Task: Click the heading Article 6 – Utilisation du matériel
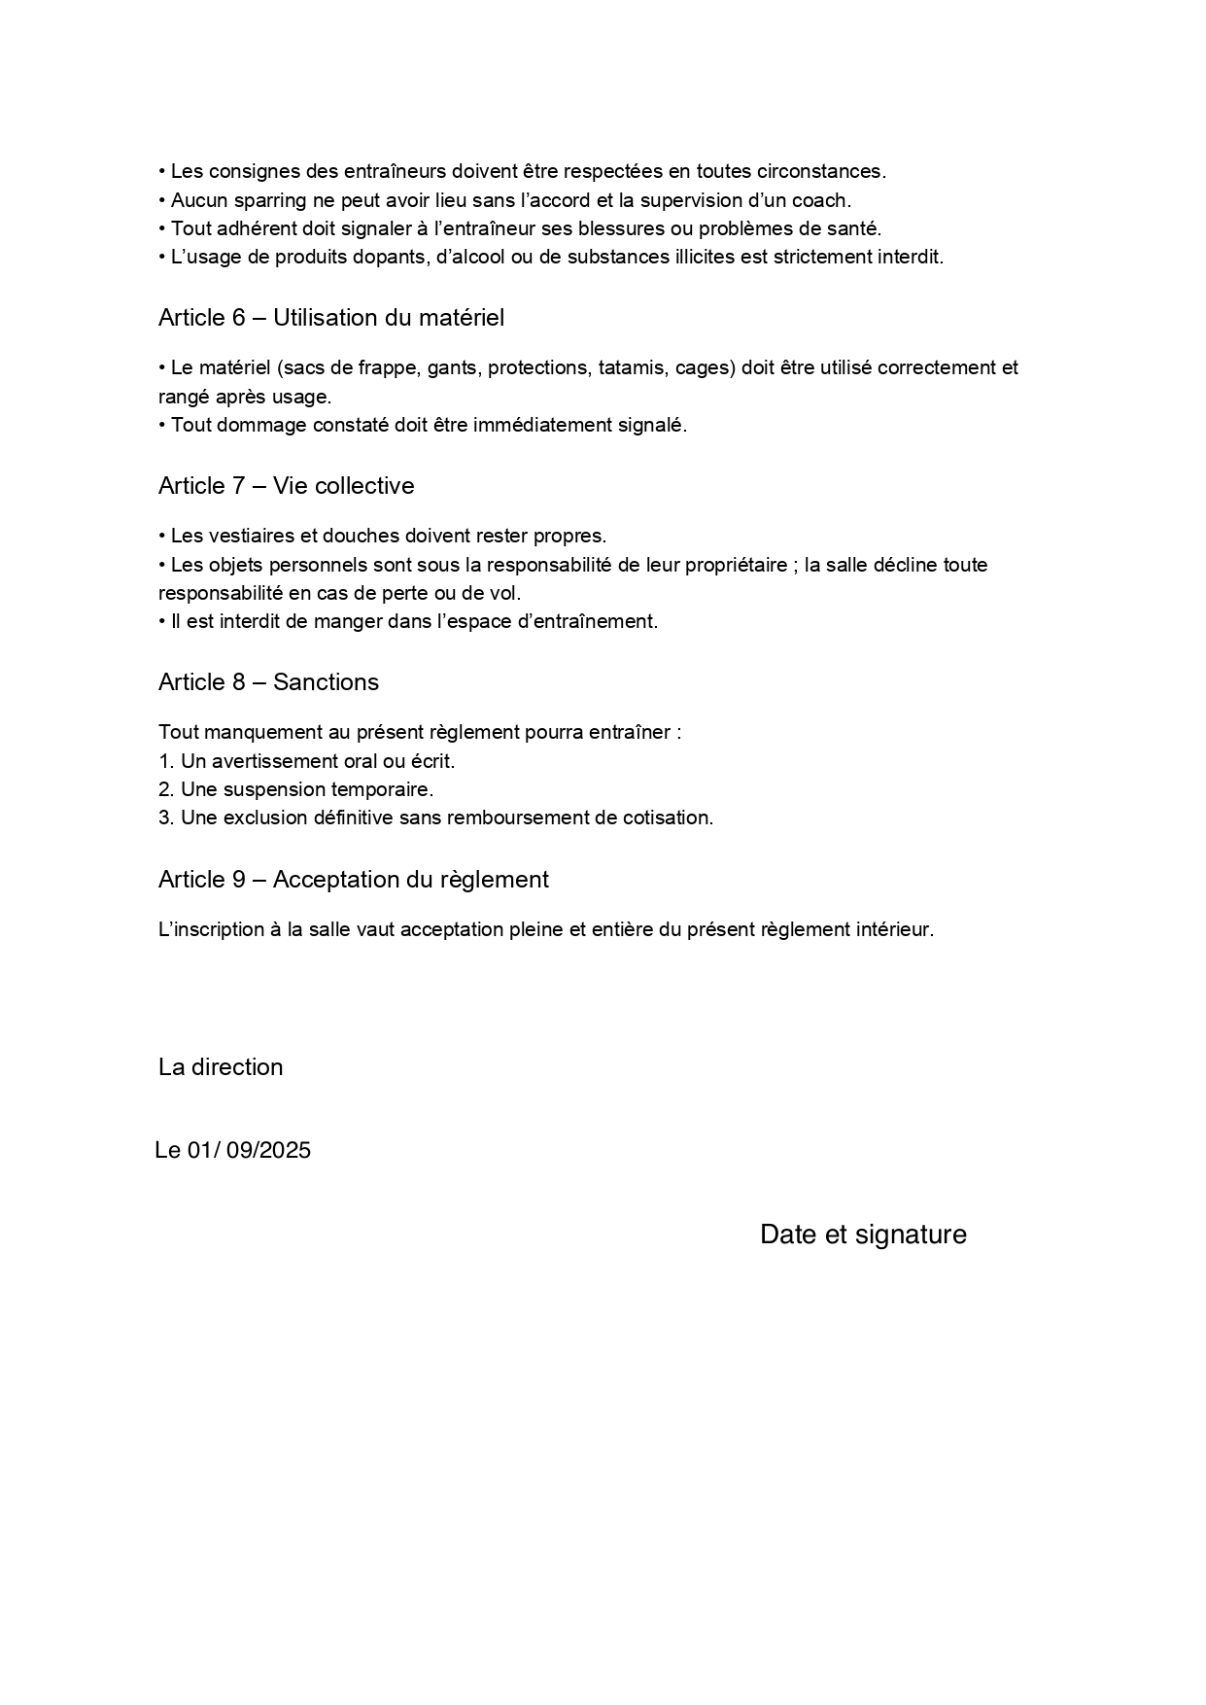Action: (x=330, y=318)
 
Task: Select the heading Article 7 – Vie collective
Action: (x=286, y=486)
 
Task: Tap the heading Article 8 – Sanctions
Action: (x=268, y=682)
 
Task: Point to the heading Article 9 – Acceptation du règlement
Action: (x=353, y=880)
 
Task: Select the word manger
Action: (x=348, y=622)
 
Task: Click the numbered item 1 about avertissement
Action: (x=306, y=761)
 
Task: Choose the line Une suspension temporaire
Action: (x=295, y=789)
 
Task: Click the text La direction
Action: (x=221, y=1067)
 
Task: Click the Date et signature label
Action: (x=863, y=1235)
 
